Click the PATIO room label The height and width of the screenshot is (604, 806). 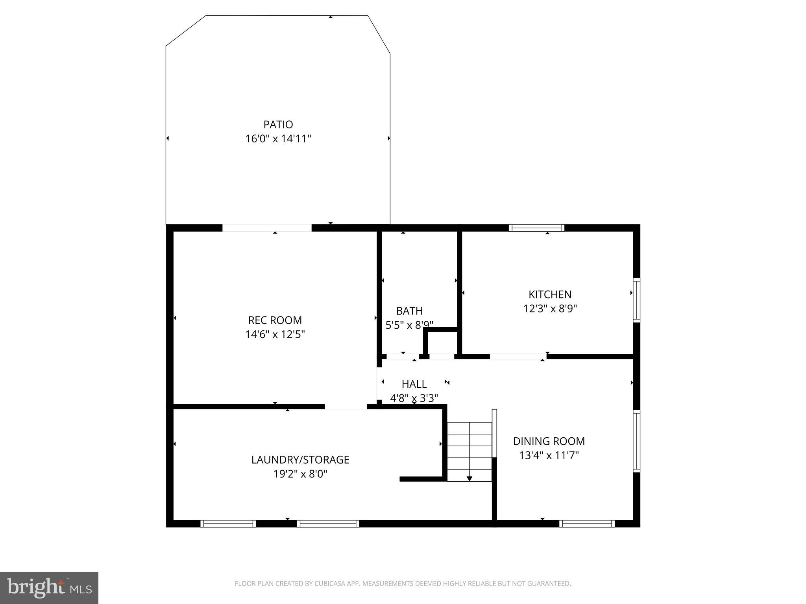(278, 125)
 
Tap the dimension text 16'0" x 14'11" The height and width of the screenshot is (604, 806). (278, 139)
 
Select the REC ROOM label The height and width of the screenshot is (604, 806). (275, 320)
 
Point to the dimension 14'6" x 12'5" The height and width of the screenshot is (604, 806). (275, 335)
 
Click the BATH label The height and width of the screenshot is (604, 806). (409, 311)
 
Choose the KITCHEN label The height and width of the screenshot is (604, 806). (550, 295)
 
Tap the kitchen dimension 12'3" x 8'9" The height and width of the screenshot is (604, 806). (550, 309)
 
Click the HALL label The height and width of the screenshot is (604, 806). (414, 384)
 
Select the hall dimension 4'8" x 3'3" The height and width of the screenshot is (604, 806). (414, 398)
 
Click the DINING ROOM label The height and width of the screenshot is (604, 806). (549, 441)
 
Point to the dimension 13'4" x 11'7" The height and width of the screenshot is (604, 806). (549, 455)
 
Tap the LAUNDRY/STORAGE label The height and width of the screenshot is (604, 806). (300, 460)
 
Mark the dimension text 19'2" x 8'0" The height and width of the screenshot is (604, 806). (300, 474)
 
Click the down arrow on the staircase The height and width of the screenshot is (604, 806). (469, 478)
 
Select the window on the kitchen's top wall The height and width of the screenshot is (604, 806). (536, 228)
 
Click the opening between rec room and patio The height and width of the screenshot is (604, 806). (267, 228)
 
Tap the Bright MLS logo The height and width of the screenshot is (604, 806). (49, 587)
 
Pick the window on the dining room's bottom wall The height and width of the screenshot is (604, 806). (587, 523)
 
